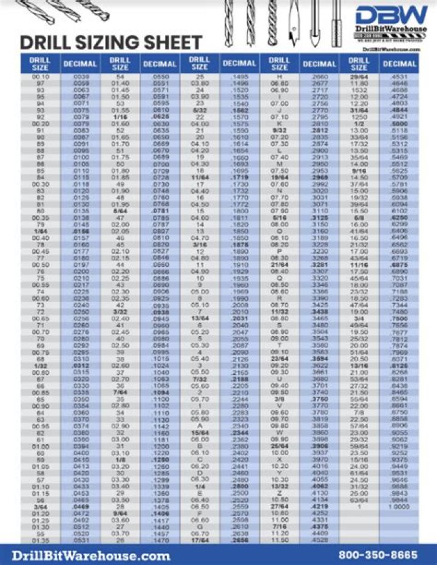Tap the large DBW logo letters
[392, 16]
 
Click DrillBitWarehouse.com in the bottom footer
[91, 555]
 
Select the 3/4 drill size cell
[359, 318]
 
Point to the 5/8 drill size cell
[359, 217]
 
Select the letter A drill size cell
[199, 426]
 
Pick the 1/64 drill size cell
[40, 231]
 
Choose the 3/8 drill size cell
[280, 399]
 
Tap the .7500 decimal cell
[399, 318]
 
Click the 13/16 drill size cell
[359, 366]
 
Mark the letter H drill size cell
[280, 77]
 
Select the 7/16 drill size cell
[280, 526]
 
